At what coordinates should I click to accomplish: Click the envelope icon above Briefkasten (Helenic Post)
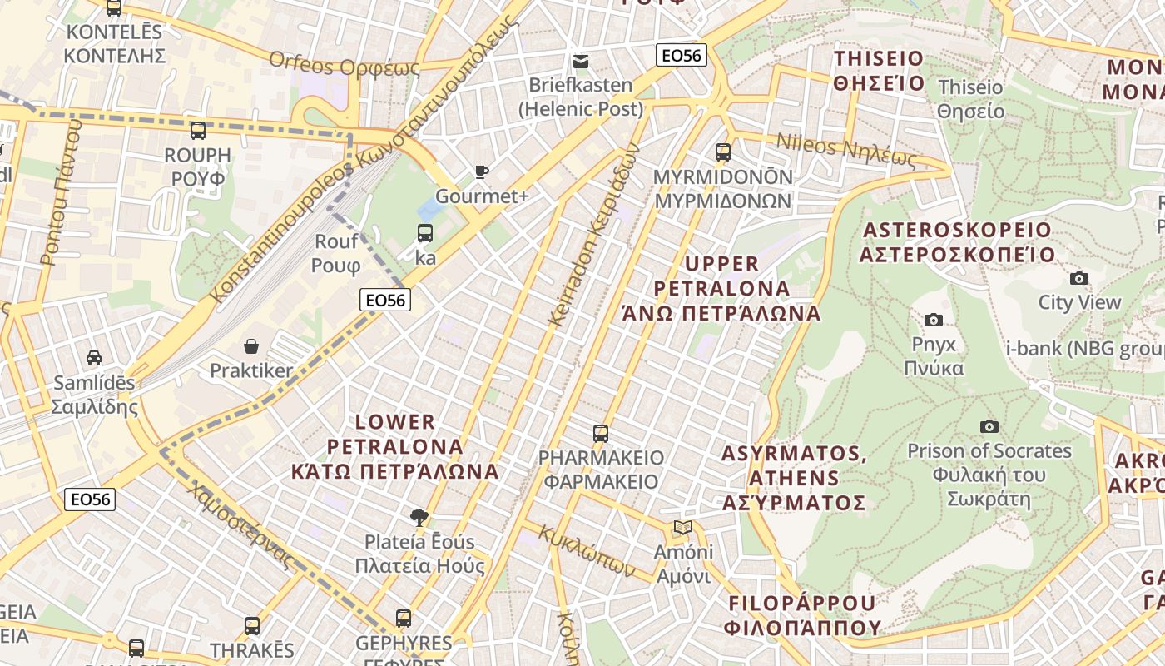click(581, 61)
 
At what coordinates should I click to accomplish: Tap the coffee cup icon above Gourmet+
click(481, 172)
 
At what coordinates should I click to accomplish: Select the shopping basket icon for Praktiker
click(251, 345)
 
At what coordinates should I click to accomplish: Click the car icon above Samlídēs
click(94, 358)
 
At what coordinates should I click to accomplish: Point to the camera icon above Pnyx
click(934, 320)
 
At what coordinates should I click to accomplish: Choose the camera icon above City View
click(1079, 278)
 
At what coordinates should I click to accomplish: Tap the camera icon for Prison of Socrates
click(989, 426)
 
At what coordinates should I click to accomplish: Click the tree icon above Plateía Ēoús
click(420, 518)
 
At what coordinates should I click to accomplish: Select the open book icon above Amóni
click(682, 527)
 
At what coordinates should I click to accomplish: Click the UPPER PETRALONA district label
click(721, 288)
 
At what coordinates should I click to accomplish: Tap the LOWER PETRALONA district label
click(395, 446)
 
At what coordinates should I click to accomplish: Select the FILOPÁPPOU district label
click(802, 614)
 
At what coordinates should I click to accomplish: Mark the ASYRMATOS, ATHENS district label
click(794, 478)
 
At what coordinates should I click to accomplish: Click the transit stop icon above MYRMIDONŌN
click(722, 152)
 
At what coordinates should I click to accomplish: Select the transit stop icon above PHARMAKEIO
click(601, 434)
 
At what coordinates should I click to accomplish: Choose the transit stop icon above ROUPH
click(197, 131)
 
